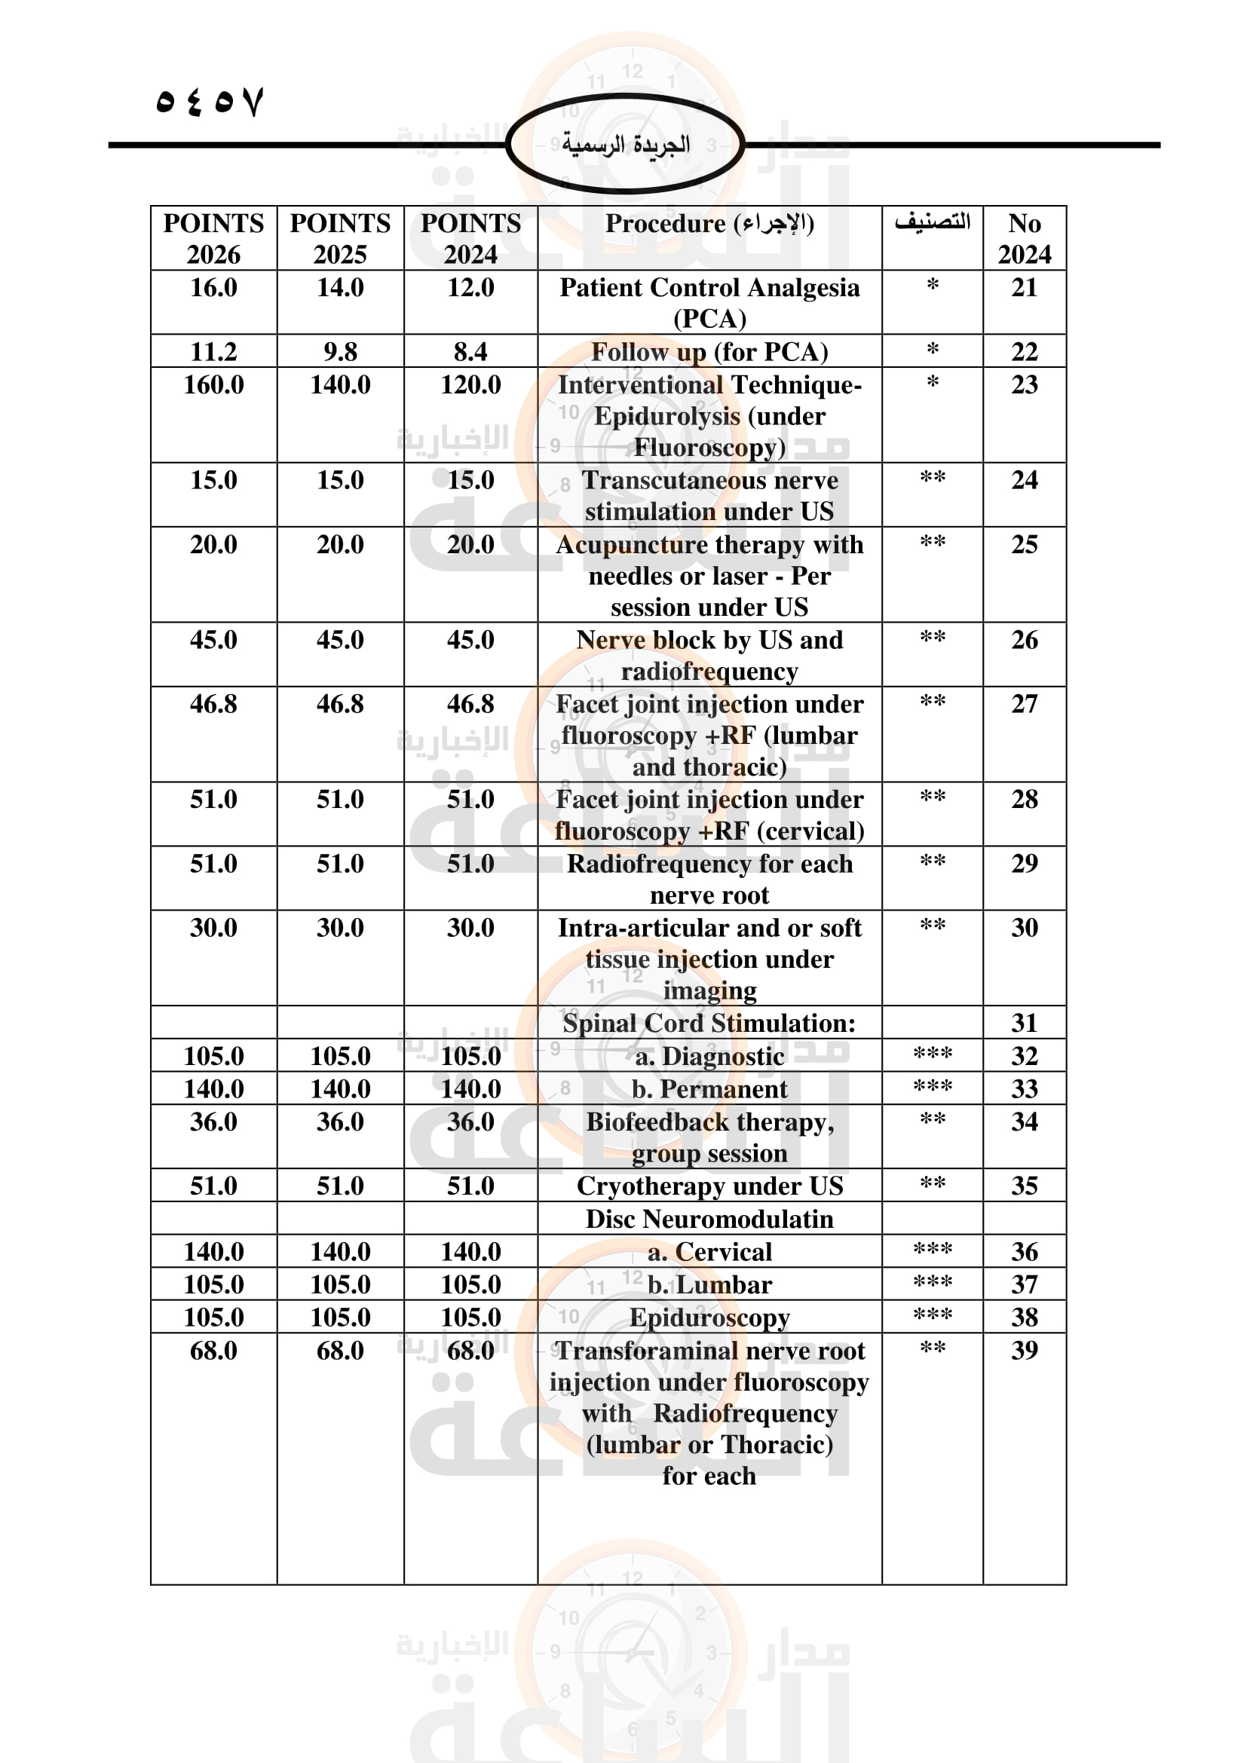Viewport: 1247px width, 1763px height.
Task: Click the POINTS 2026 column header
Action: click(213, 238)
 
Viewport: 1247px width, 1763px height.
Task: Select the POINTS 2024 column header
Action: click(470, 238)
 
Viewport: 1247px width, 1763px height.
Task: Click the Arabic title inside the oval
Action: click(625, 145)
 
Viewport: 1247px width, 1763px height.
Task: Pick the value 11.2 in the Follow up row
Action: click(213, 352)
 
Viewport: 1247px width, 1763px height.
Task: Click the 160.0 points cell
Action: click(213, 384)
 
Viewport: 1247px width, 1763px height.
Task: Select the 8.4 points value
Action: click(470, 352)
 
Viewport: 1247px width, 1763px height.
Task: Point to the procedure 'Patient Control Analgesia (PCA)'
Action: click(709, 302)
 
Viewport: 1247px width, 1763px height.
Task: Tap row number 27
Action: click(1025, 704)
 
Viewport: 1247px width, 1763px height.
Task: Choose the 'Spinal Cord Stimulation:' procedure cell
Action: click(709, 1023)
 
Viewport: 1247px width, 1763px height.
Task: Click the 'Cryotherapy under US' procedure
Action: click(709, 1186)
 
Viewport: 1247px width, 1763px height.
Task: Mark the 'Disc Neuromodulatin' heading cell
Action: click(709, 1219)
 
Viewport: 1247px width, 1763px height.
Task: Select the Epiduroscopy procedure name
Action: click(709, 1317)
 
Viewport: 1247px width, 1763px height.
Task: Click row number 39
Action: click(1025, 1350)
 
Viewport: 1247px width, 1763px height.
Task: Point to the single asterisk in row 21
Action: click(932, 286)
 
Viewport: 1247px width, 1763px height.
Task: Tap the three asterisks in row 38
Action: click(932, 1315)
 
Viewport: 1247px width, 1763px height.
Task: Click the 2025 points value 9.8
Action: click(340, 352)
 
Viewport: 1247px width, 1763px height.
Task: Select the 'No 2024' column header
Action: click(1025, 238)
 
